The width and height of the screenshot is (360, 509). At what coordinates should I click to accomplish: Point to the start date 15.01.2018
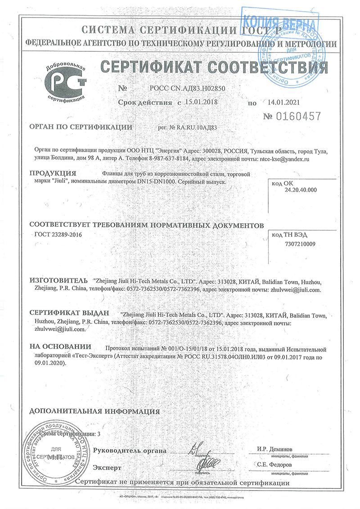point(201,102)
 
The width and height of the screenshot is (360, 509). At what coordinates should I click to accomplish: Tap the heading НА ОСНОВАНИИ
point(60,347)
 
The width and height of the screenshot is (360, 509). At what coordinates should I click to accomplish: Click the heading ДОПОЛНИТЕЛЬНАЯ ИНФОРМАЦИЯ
point(94,411)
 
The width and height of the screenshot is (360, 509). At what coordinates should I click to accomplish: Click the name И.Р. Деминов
point(275,449)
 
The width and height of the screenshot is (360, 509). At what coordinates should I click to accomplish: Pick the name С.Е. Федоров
point(275,464)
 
